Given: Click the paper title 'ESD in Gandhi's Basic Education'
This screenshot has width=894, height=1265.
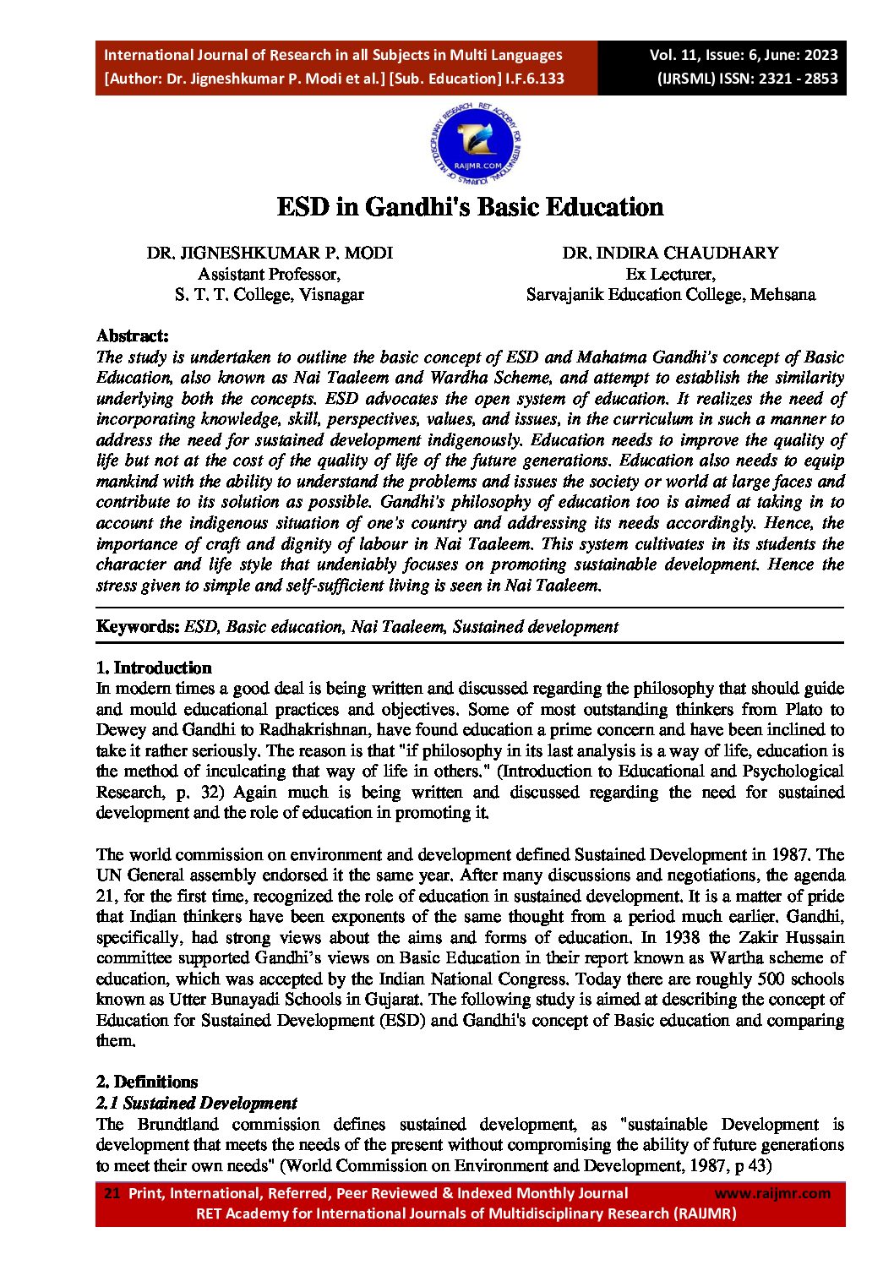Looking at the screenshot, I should pos(470,207).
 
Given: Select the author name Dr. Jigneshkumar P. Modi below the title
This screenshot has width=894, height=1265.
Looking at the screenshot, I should pos(270,253).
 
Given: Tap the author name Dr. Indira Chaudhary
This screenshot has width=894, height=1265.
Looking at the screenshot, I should pos(670,253).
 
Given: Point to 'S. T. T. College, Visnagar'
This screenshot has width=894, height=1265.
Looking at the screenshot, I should pos(270,294).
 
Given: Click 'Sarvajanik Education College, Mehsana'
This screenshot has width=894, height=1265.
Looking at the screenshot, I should pos(670,294).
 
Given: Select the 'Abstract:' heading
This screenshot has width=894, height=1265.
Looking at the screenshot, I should pos(133,335).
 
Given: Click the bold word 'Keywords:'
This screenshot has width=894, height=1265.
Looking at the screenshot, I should pos(138,626).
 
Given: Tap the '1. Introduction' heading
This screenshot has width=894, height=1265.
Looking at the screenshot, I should pos(154,668).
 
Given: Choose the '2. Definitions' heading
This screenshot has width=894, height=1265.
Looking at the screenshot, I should pos(147,1082).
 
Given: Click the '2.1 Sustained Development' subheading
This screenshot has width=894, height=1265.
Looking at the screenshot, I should pos(196,1103).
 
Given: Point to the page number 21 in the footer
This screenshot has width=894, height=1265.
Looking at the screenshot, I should pos(112,1193).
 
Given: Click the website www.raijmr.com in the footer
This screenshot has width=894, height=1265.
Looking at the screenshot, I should pos(772,1193).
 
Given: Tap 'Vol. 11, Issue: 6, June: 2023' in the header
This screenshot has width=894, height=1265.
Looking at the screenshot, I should pos(743,55).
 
